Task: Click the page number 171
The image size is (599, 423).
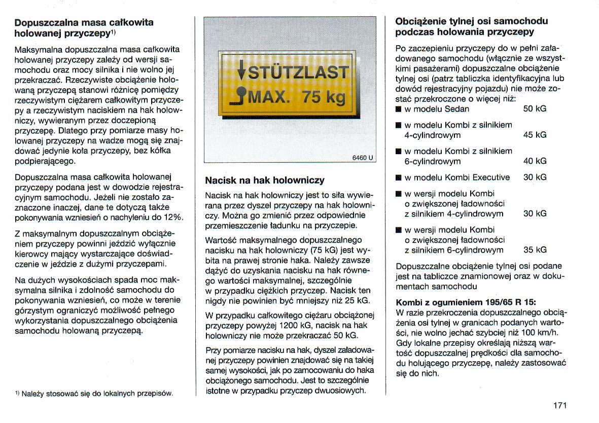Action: point(559,405)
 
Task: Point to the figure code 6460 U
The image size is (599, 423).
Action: point(363,157)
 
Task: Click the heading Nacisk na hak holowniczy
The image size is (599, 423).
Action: point(264,180)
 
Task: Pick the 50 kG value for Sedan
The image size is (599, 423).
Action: point(535,109)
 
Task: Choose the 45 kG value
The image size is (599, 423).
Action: point(535,135)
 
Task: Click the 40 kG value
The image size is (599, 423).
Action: point(535,161)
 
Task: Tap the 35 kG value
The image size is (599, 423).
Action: point(535,250)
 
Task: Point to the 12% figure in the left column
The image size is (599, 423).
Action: point(172,217)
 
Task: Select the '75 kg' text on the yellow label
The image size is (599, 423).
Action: point(324,96)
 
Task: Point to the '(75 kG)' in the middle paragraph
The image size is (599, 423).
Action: point(325,251)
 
